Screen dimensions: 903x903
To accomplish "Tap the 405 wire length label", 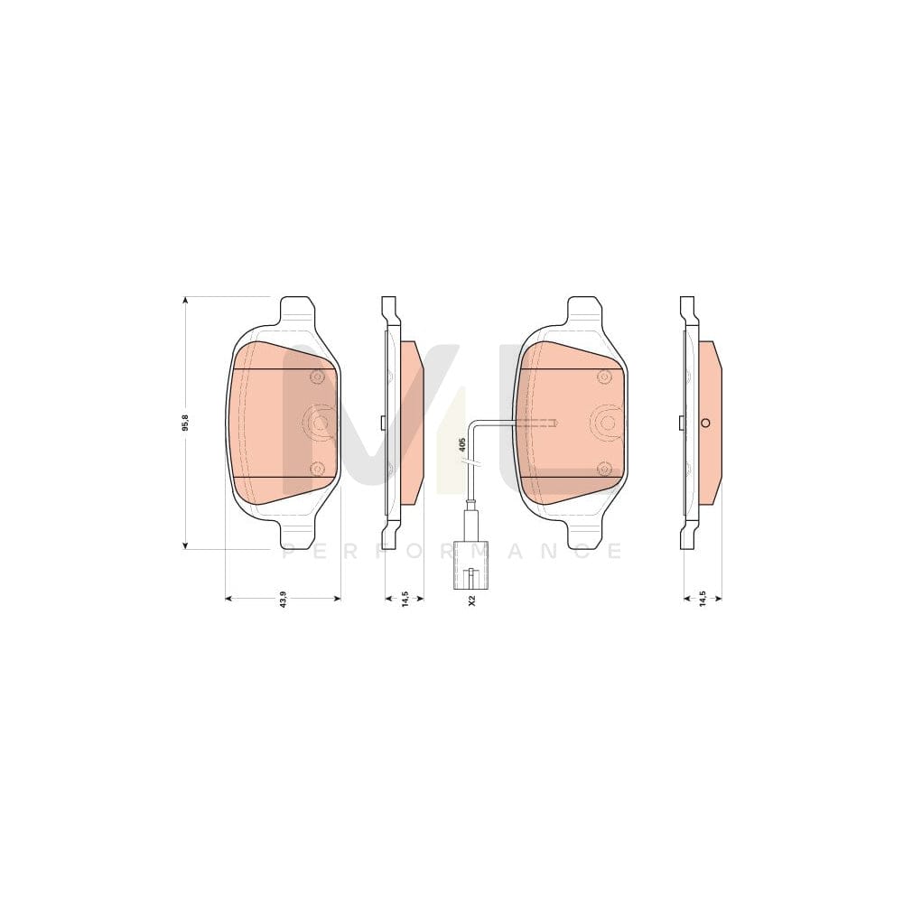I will point(461,443).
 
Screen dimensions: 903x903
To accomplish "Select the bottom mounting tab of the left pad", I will point(298,534).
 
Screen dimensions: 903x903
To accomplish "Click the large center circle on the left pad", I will point(318,421).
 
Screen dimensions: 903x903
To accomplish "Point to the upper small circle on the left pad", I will point(316,377).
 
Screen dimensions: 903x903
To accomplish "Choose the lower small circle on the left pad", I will point(316,467).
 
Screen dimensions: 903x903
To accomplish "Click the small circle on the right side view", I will point(706,423).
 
